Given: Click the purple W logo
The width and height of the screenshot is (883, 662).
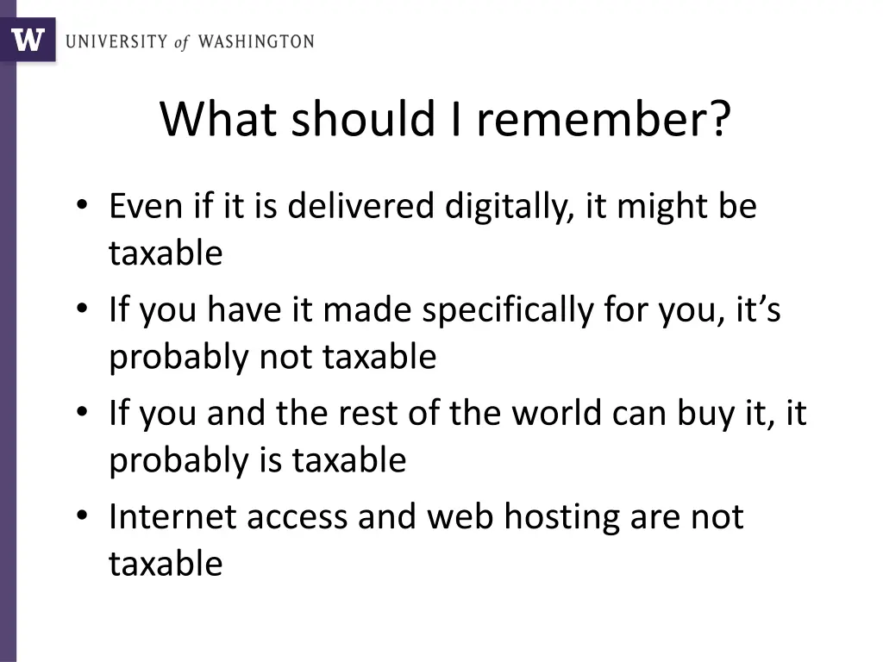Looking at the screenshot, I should tap(27, 39).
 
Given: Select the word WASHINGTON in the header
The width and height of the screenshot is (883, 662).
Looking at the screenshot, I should tap(256, 41).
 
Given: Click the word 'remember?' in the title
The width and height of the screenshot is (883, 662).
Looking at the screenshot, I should tap(603, 119).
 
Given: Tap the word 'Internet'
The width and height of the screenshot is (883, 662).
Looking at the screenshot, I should tap(172, 516).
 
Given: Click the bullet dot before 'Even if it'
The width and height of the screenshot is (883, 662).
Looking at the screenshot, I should tap(81, 208).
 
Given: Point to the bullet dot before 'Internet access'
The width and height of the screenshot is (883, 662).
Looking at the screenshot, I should tap(81, 518).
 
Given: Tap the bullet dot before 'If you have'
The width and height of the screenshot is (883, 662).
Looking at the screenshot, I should tap(81, 311).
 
